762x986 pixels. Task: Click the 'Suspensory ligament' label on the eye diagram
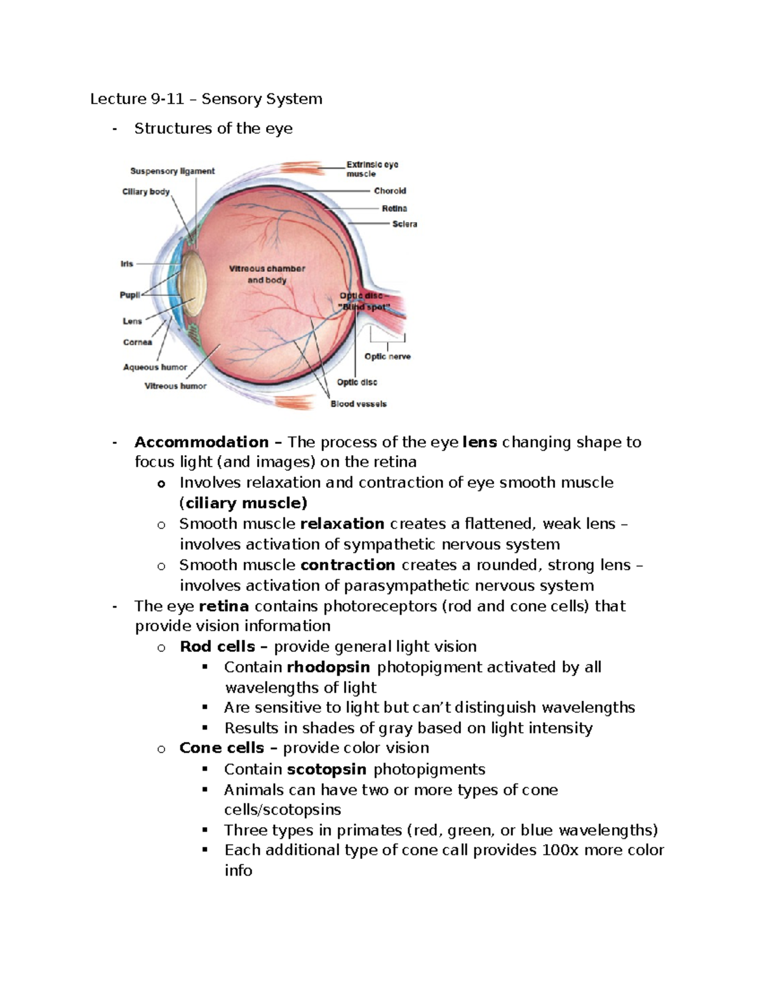point(172,171)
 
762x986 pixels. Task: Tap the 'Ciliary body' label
point(145,191)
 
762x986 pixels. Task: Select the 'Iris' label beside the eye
point(127,263)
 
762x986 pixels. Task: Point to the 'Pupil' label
point(130,295)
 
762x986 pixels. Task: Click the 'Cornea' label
point(137,342)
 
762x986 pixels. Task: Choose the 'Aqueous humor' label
point(155,367)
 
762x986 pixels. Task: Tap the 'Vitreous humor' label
point(175,386)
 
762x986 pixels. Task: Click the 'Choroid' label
point(390,190)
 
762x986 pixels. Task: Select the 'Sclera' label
point(404,224)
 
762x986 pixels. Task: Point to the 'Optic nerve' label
point(387,356)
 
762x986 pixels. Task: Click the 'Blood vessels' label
point(358,404)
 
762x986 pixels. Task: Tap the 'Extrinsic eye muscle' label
point(372,169)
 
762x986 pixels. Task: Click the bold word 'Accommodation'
point(201,442)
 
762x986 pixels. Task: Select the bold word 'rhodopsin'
point(328,667)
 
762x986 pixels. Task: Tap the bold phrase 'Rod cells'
point(217,646)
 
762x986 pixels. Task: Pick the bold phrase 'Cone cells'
point(221,748)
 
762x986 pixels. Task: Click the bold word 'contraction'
point(347,565)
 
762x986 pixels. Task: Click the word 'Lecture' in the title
point(118,98)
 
